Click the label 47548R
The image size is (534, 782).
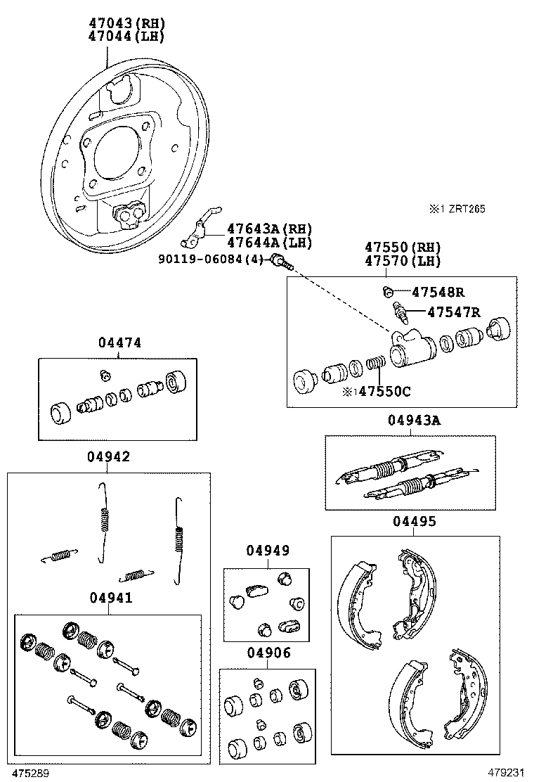438,292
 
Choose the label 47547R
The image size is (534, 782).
454,313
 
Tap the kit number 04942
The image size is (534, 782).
108,456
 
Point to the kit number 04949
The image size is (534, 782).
267,551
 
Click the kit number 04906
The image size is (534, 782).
268,653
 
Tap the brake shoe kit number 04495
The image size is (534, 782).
414,521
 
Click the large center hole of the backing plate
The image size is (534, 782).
115,153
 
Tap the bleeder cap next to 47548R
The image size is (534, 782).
386,291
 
